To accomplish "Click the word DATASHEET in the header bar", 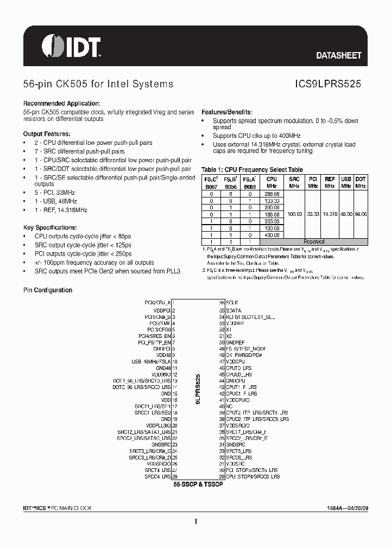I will (x=338, y=55).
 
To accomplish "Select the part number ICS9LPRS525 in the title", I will (x=328, y=84).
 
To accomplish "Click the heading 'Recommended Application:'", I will (x=61, y=104).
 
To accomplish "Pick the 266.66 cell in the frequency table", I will (x=272, y=193).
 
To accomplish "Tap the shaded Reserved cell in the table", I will (x=314, y=241).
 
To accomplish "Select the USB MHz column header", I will (x=346, y=182).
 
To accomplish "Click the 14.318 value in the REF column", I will (x=330, y=214).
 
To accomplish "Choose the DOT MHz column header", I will (x=361, y=182).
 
